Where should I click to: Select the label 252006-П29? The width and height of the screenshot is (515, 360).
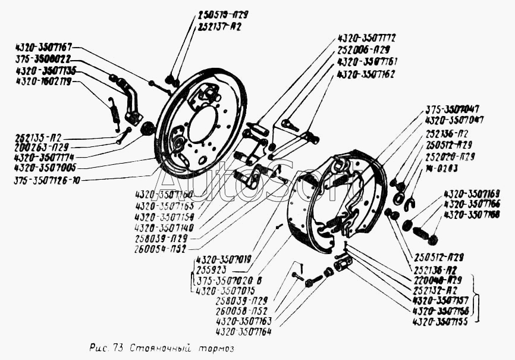coord(363,49)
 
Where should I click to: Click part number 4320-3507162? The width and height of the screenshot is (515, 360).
coord(365,74)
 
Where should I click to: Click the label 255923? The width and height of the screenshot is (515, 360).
coord(210,269)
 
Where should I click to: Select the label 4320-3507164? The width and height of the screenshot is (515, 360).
coord(243,332)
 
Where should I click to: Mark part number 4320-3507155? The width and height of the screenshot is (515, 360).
coord(440,321)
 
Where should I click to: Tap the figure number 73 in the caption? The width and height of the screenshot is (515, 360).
coord(116,347)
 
